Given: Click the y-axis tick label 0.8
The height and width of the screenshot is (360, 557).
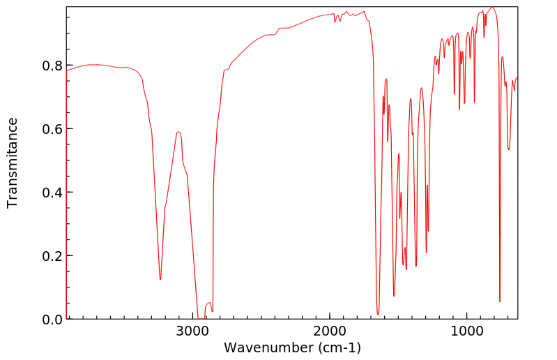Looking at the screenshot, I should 52,66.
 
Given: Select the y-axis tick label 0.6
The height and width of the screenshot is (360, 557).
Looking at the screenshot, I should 52,129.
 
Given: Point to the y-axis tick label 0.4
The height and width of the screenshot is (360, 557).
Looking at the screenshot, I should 52,193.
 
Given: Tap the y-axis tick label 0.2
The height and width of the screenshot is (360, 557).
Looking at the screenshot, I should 52,256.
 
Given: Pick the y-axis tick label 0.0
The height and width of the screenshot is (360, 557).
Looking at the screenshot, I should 52,320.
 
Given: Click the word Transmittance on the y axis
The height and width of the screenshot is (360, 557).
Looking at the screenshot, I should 13,163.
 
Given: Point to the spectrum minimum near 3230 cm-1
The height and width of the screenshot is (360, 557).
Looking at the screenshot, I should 160,279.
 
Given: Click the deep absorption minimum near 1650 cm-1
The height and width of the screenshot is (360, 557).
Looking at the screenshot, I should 378,314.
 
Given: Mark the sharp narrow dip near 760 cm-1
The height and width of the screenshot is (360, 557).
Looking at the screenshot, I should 500,301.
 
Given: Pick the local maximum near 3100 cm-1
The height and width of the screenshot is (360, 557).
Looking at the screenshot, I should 178,132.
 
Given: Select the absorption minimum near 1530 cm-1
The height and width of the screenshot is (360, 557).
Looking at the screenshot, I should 394,296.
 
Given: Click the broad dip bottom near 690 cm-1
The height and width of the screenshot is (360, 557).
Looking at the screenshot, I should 509,149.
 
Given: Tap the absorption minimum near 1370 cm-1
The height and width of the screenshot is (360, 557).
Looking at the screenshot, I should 416,266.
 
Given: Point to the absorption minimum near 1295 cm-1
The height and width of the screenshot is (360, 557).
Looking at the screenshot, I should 426,253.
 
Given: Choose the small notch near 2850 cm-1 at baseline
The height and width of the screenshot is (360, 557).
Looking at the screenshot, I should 212,311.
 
